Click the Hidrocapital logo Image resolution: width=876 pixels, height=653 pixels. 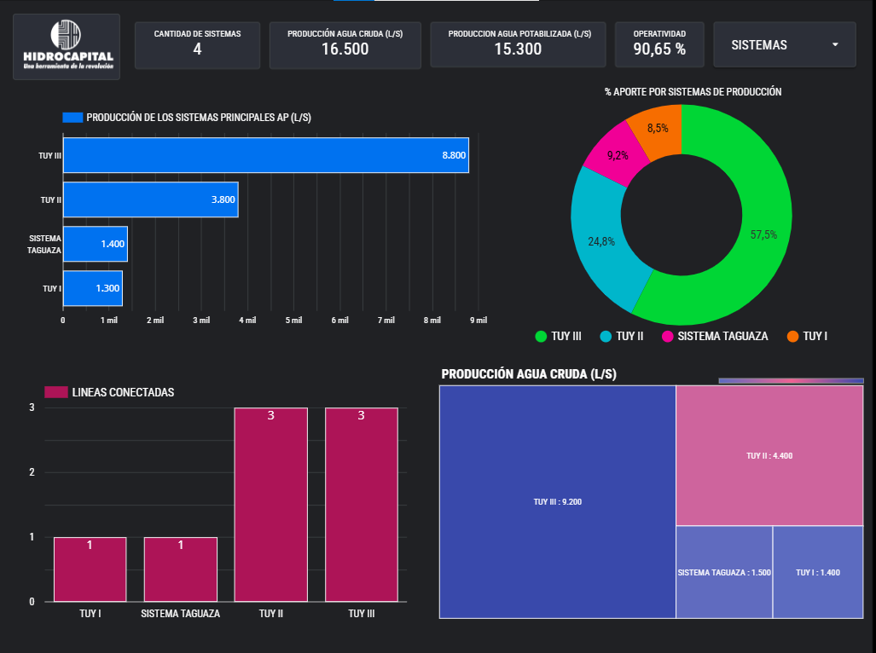click(67, 46)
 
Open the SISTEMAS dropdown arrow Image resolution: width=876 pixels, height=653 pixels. click(835, 45)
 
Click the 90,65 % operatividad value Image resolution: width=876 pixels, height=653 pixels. click(659, 49)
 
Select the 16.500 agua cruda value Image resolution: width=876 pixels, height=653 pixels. click(345, 49)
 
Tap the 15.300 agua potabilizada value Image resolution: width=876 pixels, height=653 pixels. click(518, 49)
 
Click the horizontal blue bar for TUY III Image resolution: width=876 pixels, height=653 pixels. click(265, 155)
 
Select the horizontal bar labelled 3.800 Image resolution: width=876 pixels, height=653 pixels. click(150, 199)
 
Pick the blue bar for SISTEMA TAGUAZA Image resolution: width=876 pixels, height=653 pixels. click(95, 244)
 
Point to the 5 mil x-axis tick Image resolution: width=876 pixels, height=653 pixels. click(293, 321)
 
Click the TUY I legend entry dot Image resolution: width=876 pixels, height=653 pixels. click(792, 337)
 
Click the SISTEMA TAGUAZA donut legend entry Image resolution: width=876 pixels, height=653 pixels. click(715, 337)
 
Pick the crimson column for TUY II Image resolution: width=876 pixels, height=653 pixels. click(270, 505)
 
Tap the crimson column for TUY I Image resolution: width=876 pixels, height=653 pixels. click(90, 569)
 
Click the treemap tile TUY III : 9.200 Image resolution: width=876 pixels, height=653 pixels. click(557, 501)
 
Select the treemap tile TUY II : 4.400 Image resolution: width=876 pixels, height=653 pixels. click(769, 455)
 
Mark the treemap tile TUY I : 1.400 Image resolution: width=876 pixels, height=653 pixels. click(818, 572)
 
